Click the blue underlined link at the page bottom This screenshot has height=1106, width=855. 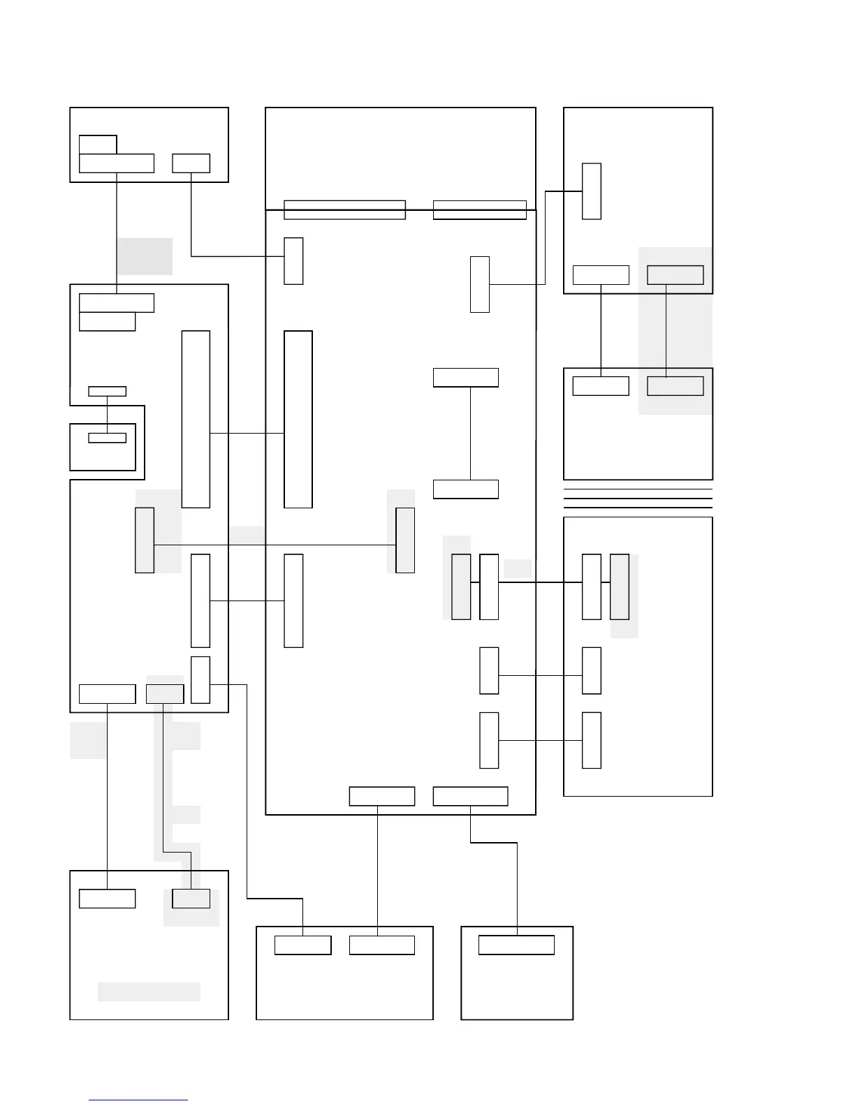(138, 1100)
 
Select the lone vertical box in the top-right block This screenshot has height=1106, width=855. (592, 191)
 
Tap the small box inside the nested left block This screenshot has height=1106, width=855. (108, 438)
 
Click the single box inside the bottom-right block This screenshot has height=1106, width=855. (516, 945)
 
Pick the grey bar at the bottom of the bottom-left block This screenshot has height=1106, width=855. (149, 991)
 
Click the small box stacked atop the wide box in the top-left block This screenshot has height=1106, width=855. (98, 145)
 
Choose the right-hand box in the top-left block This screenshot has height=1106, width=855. (191, 163)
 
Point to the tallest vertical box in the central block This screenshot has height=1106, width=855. (298, 419)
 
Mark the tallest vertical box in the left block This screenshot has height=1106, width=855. (196, 419)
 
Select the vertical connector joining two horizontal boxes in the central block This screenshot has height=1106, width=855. (470, 433)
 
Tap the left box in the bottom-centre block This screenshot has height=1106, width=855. (302, 945)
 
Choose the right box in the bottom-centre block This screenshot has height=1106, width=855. (381, 945)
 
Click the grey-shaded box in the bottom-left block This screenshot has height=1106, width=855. (191, 899)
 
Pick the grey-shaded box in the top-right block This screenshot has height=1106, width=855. (675, 275)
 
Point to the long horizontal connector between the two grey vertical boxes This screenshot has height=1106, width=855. (275, 545)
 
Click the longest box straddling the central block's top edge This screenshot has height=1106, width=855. (344, 209)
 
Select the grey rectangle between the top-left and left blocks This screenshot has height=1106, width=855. (145, 256)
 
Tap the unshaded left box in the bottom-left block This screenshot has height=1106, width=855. (107, 899)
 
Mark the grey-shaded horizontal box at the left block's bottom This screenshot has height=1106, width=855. (165, 694)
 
